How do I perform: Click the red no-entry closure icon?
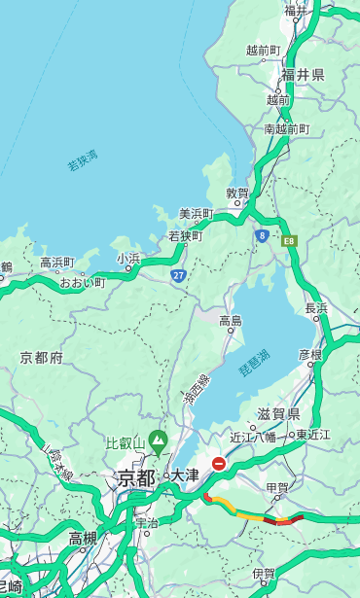pos(219,464)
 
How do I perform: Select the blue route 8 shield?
pos(262,235)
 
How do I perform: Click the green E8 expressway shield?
pos(289,240)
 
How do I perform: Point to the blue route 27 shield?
pos(178,275)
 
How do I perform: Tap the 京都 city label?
pos(136,477)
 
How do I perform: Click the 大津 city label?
pos(184,475)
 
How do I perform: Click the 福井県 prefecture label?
pos(303,75)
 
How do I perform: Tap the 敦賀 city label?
pos(238,193)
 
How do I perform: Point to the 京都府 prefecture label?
pos(42,358)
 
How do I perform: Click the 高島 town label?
pos(231,320)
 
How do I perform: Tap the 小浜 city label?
pos(128,259)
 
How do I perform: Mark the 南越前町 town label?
pos(286,129)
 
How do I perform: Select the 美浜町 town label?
pos(196,214)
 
